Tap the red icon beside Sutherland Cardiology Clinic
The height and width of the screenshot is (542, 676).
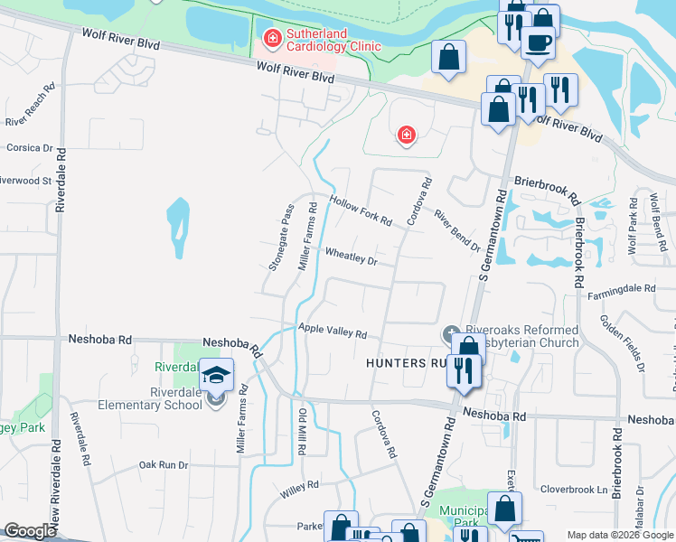[270, 38]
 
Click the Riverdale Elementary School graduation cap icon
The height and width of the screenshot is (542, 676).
[217, 374]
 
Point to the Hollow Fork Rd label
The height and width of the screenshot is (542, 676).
[361, 210]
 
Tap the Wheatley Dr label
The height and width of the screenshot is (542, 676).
[350, 257]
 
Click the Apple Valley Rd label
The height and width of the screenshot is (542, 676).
[332, 332]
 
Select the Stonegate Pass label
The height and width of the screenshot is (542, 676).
[281, 238]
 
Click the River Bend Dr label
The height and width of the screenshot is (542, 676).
[456, 231]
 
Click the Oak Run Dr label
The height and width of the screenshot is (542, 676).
[163, 465]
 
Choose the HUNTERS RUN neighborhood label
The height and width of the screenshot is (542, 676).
[406, 363]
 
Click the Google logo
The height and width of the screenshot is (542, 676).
[30, 531]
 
